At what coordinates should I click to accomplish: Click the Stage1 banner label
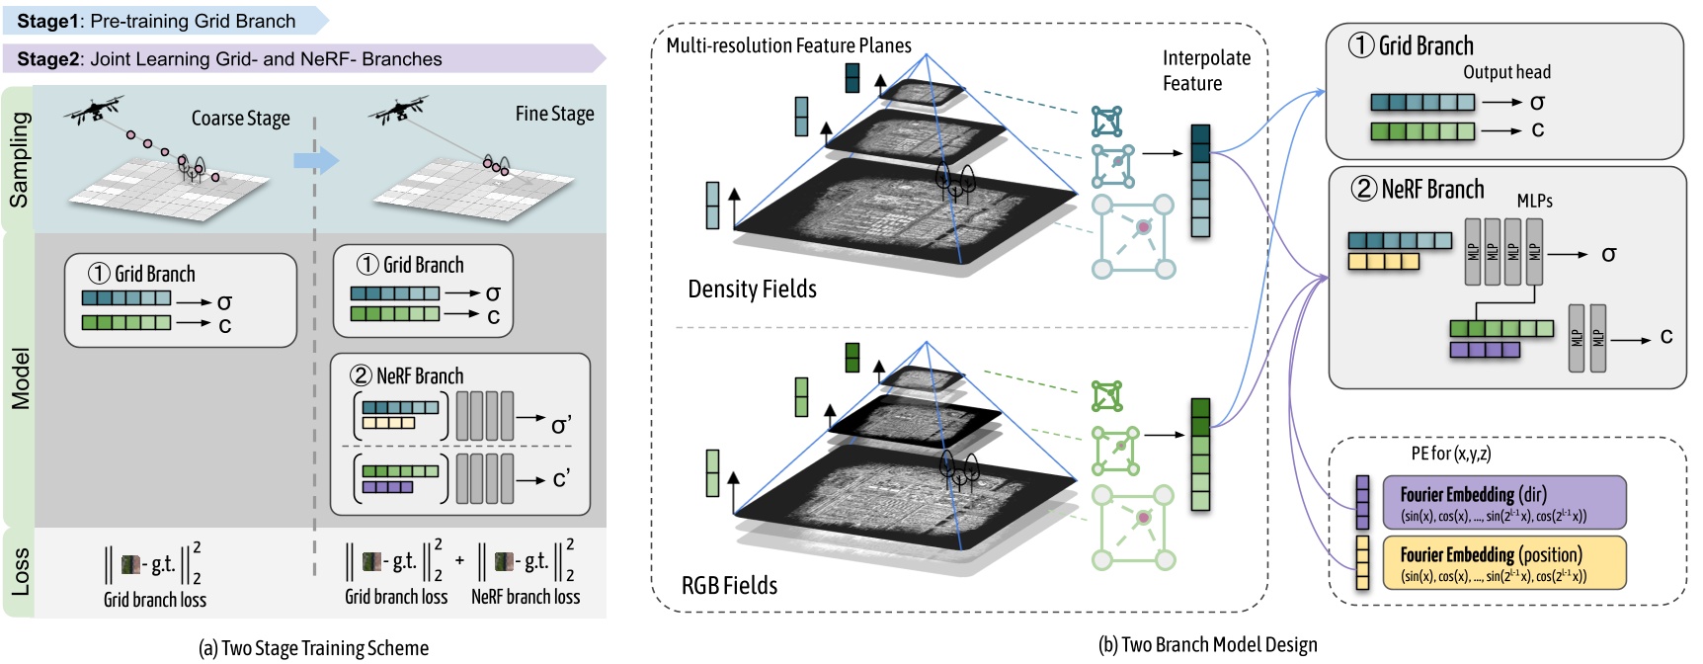[156, 21]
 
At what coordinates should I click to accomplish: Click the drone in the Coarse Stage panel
[95, 110]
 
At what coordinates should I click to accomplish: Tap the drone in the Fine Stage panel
[399, 110]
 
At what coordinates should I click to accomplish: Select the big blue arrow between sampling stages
[316, 160]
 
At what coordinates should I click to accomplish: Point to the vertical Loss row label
[20, 572]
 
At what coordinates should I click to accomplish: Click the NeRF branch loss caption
[526, 597]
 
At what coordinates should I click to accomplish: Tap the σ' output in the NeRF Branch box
[561, 426]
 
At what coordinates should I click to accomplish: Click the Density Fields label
[752, 290]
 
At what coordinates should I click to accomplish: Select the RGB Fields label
[729, 586]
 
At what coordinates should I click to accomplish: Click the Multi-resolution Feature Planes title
[788, 45]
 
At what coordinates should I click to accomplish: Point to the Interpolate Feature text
[1206, 71]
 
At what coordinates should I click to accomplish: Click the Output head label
[1506, 72]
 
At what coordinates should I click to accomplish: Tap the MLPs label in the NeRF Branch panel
[1534, 201]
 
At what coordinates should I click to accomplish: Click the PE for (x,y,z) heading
[1450, 454]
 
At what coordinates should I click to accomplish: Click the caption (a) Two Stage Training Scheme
[313, 648]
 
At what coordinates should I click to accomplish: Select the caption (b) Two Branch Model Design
[1207, 645]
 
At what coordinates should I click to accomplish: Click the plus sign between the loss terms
[459, 560]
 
